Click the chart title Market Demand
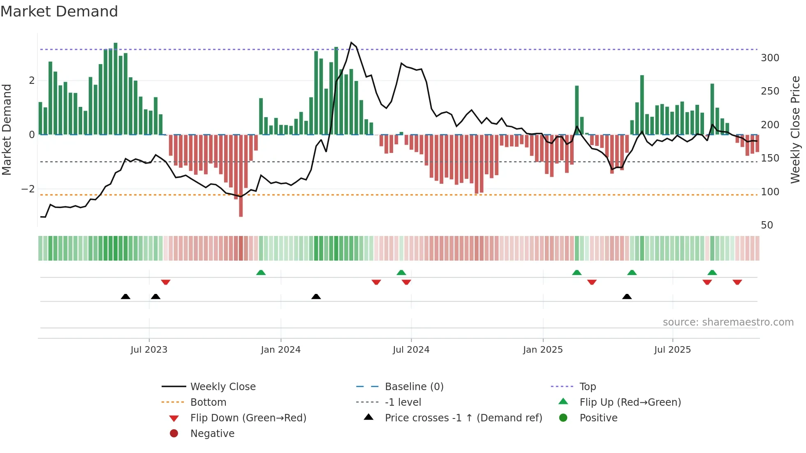(x=59, y=12)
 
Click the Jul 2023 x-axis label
(x=149, y=350)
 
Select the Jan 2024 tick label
(x=280, y=350)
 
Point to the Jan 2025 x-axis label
(x=543, y=350)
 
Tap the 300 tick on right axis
(x=770, y=58)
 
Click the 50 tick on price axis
(x=767, y=225)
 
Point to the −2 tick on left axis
(x=28, y=189)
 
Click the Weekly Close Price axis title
(x=795, y=129)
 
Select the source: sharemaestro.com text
(x=728, y=322)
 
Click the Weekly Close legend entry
(x=222, y=387)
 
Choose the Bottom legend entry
(x=208, y=402)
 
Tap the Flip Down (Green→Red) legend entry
(x=248, y=418)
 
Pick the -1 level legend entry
(x=403, y=402)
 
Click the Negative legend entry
(x=212, y=434)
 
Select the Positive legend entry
(x=598, y=418)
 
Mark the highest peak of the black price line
(x=351, y=43)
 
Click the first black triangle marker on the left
(x=125, y=296)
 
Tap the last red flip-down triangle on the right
(x=737, y=282)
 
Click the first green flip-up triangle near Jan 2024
(x=261, y=273)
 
